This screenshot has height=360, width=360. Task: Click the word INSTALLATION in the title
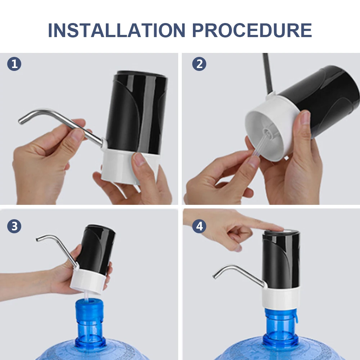(x=116, y=30)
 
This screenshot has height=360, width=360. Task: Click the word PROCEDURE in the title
(x=252, y=30)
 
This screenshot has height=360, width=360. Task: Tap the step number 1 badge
(x=14, y=64)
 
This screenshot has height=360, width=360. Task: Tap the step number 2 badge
(x=199, y=64)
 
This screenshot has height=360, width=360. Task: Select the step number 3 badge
(x=14, y=226)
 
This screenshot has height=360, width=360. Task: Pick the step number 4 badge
(x=199, y=226)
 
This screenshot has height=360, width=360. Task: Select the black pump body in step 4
(x=282, y=260)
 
